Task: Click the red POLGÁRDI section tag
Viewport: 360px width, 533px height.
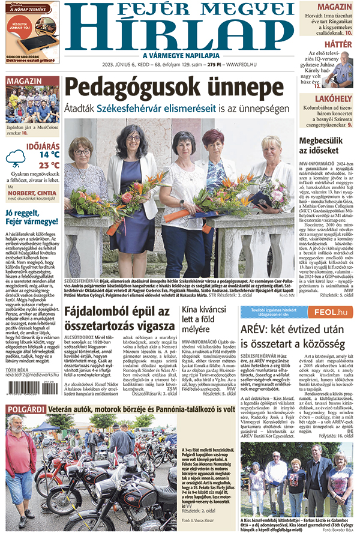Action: [x=23, y=409]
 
